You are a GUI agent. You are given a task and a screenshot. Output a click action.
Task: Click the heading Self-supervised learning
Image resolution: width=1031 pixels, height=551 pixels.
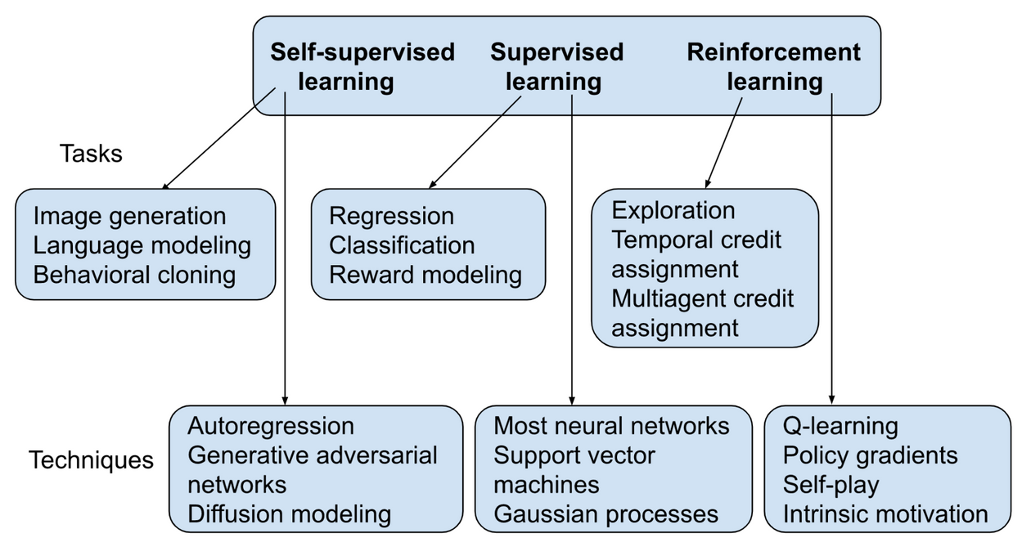click(x=362, y=67)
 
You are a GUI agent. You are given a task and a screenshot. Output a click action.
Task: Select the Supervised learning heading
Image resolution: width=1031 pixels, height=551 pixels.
click(x=556, y=67)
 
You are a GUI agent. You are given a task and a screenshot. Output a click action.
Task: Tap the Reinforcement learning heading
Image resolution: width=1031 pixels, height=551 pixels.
click(x=773, y=67)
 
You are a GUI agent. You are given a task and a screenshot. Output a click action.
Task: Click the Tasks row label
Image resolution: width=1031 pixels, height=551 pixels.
click(x=91, y=154)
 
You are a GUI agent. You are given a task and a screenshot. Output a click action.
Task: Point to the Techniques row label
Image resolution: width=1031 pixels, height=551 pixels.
click(x=91, y=460)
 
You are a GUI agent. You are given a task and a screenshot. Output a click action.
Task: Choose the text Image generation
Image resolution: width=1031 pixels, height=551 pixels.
click(x=129, y=217)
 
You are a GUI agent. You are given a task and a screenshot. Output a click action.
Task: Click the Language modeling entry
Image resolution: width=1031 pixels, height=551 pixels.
click(x=142, y=245)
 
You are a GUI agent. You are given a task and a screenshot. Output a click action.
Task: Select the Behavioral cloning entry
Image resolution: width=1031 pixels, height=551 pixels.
click(x=134, y=275)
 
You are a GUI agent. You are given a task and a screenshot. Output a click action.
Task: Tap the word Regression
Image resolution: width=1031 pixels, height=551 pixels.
click(x=391, y=217)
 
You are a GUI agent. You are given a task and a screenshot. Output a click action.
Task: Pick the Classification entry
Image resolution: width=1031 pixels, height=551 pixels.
click(x=401, y=245)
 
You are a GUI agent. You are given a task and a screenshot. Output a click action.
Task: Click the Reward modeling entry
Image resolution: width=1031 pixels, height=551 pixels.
click(x=425, y=275)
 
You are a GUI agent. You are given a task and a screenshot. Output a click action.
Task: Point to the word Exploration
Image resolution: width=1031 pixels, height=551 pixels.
click(x=673, y=211)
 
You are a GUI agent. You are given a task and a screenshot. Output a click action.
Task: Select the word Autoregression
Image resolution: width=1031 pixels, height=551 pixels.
click(x=271, y=427)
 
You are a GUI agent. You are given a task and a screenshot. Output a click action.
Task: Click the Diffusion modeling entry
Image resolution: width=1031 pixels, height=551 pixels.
click(x=289, y=514)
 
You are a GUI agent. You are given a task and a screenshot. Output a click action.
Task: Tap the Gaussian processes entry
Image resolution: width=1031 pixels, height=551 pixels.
click(x=606, y=514)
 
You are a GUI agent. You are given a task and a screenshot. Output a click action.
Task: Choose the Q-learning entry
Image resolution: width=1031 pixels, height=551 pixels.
click(x=840, y=427)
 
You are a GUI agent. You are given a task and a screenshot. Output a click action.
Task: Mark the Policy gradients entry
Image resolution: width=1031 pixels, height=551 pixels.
click(x=870, y=455)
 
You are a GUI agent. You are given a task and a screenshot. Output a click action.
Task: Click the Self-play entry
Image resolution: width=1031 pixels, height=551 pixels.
click(x=831, y=485)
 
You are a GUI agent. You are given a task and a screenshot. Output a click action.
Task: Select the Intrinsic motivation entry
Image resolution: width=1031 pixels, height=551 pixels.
click(x=885, y=514)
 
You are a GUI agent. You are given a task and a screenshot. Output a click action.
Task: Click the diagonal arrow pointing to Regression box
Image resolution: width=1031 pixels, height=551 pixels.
click(x=475, y=142)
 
